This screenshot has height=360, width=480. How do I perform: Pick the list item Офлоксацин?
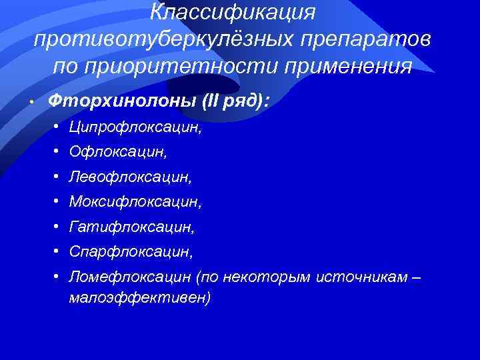click(117, 153)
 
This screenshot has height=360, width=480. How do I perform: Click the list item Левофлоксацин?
click(129, 177)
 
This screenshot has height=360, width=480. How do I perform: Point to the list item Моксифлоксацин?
click(133, 202)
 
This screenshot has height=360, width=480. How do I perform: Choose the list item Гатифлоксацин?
click(131, 227)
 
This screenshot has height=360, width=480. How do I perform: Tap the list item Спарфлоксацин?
click(130, 252)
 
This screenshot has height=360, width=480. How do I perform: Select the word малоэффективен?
click(139, 298)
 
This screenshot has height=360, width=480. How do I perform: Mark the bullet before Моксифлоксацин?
click(59, 201)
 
